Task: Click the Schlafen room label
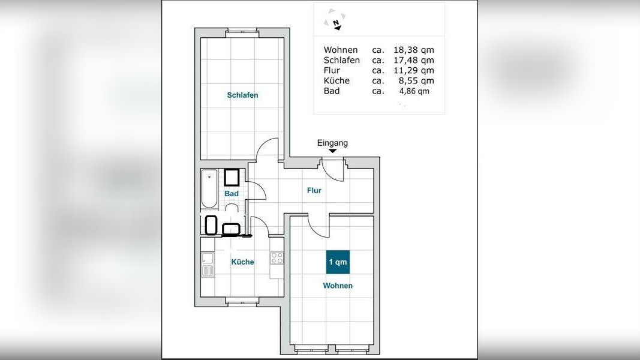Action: pos(242,95)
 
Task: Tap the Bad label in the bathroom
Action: pos(232,193)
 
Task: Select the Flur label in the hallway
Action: pos(314,190)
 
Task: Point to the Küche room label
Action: pos(242,262)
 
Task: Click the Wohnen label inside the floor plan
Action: pos(338,286)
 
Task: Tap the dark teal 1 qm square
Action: pos(338,262)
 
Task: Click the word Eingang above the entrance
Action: pos(333,143)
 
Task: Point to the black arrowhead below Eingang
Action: pos(333,151)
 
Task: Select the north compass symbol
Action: pos(335,20)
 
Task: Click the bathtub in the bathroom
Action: pos(209,188)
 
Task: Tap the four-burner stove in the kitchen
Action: pos(277,258)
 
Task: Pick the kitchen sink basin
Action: pos(208,259)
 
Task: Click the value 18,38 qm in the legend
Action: pos(413,50)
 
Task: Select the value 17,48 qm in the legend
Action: pos(413,60)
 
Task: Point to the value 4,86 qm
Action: pos(414,91)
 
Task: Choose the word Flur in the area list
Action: pos(332,70)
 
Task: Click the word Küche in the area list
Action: pos(336,80)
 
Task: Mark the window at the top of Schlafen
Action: pos(242,33)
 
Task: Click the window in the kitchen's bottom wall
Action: pos(242,302)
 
